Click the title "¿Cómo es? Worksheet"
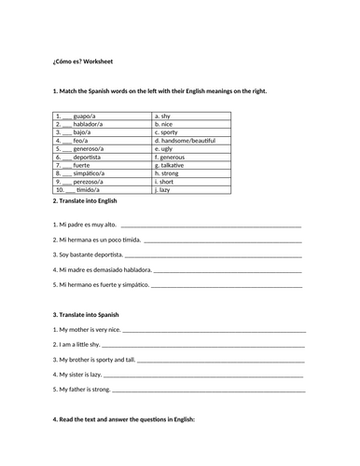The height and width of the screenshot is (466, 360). coord(83,62)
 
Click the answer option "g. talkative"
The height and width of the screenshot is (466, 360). coord(173,164)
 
